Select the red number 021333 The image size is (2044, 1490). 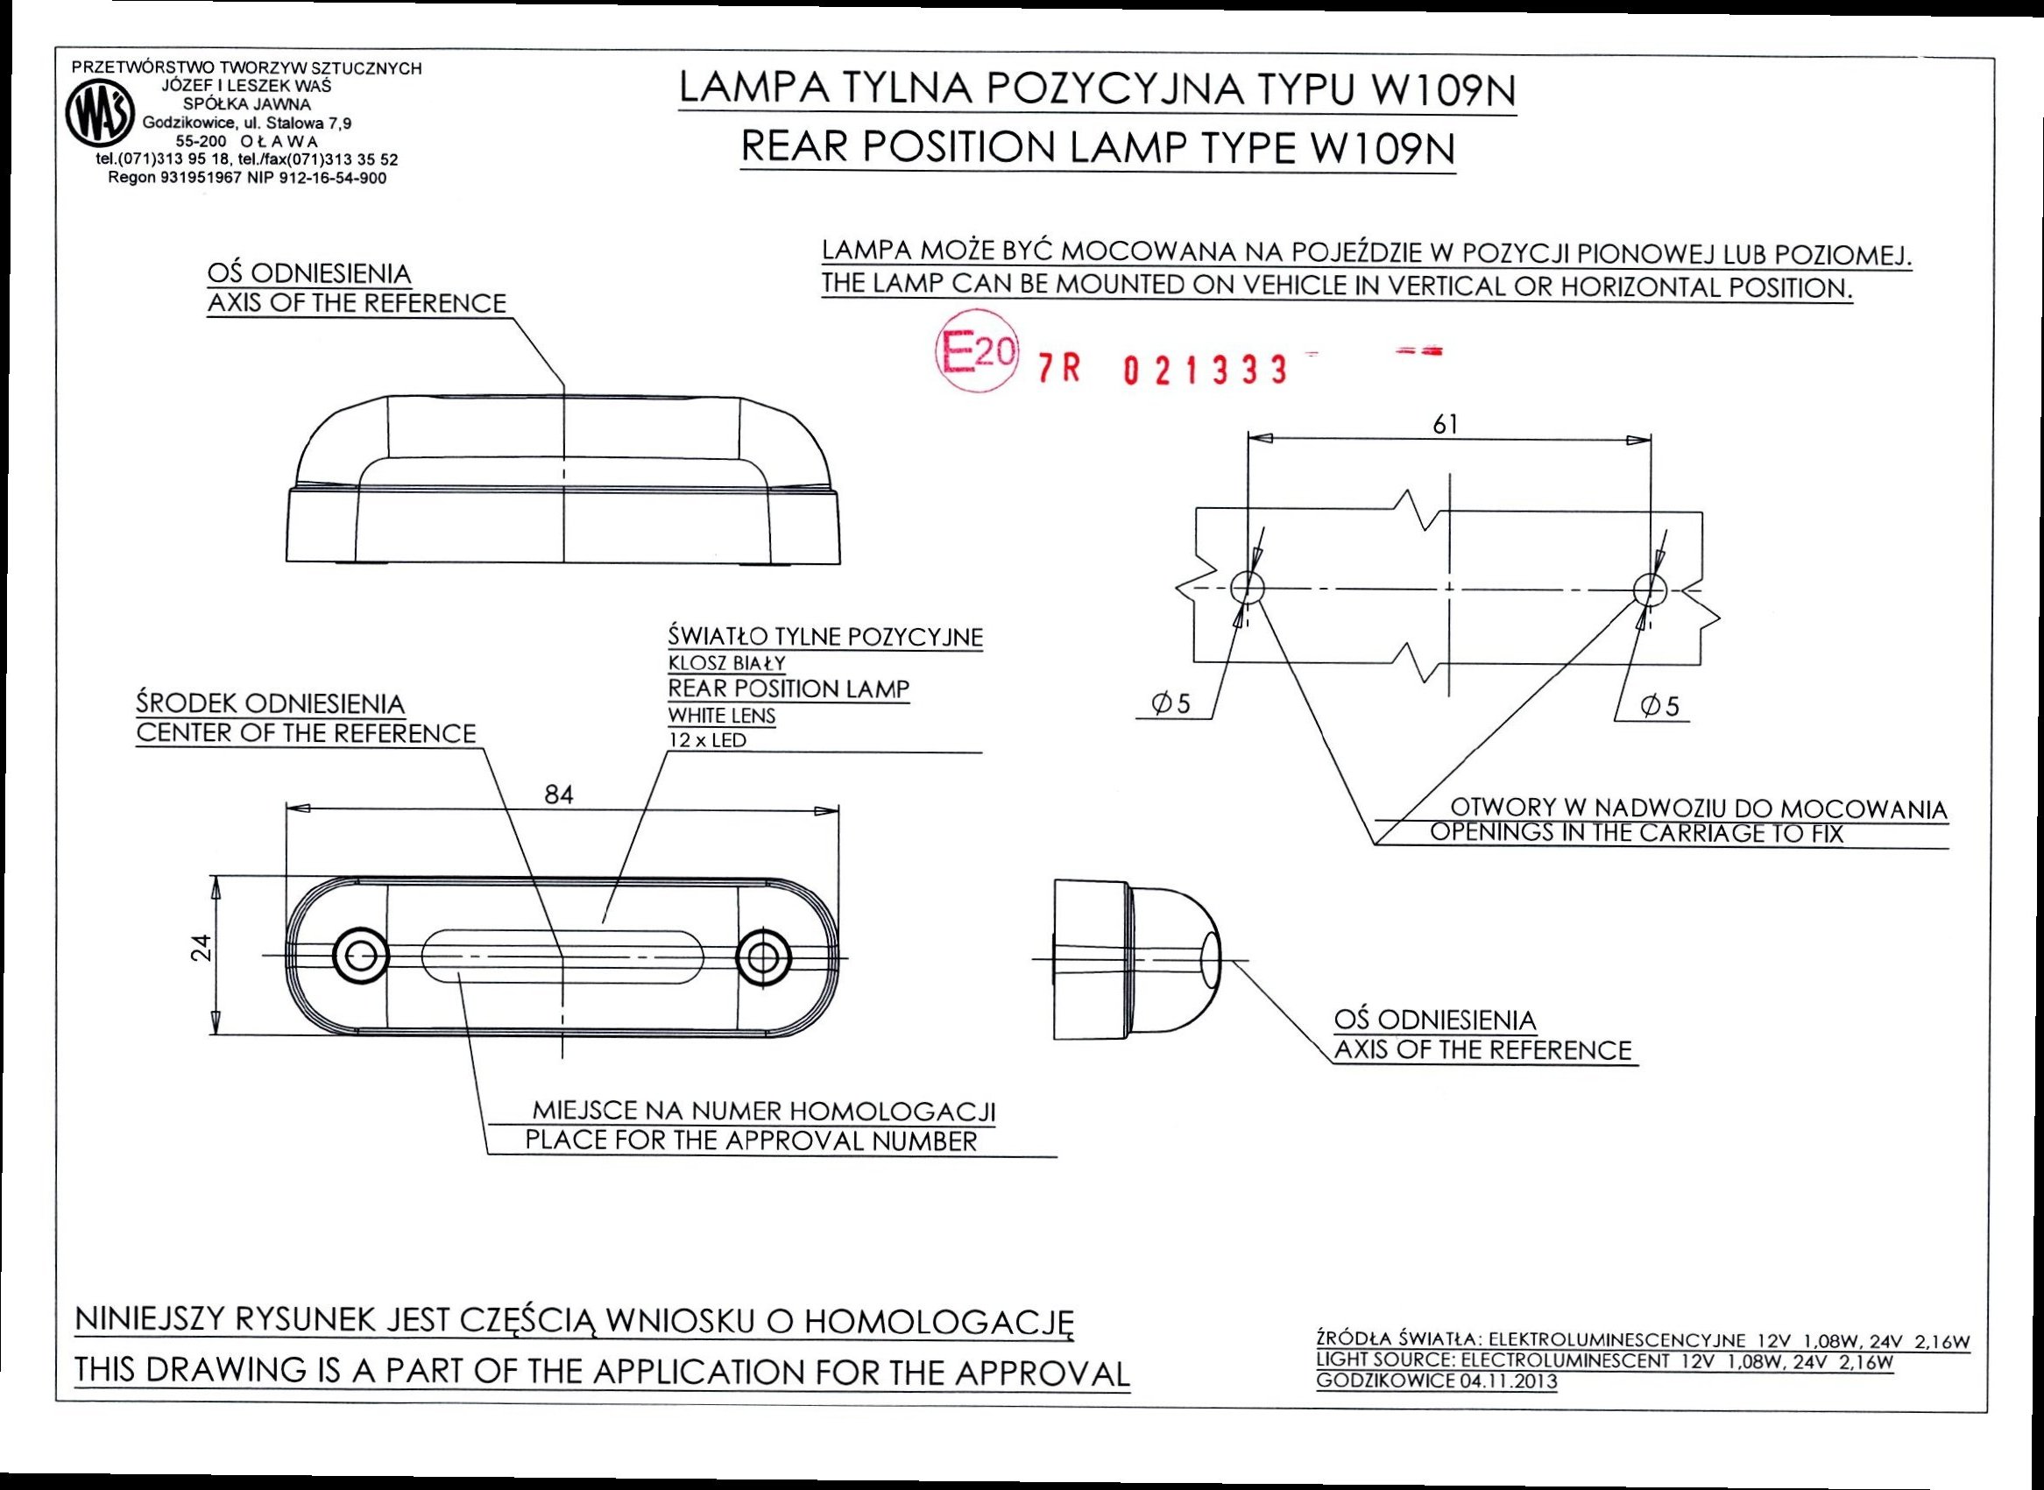tap(1206, 370)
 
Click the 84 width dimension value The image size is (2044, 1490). tap(559, 794)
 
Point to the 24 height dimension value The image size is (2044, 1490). tap(204, 947)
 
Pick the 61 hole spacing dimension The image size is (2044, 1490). tap(1445, 424)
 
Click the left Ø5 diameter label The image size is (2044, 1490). tap(1171, 704)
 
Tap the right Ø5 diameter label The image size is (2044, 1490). tap(1659, 706)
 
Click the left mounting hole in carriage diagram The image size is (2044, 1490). tap(1247, 587)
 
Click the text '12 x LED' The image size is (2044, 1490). tap(707, 741)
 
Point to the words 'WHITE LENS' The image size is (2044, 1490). tap(722, 717)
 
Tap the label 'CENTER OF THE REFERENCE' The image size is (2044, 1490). tap(306, 733)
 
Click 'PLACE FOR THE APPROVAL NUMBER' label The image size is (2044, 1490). tap(751, 1141)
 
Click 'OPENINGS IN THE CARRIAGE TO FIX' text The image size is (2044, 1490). tap(1637, 833)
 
